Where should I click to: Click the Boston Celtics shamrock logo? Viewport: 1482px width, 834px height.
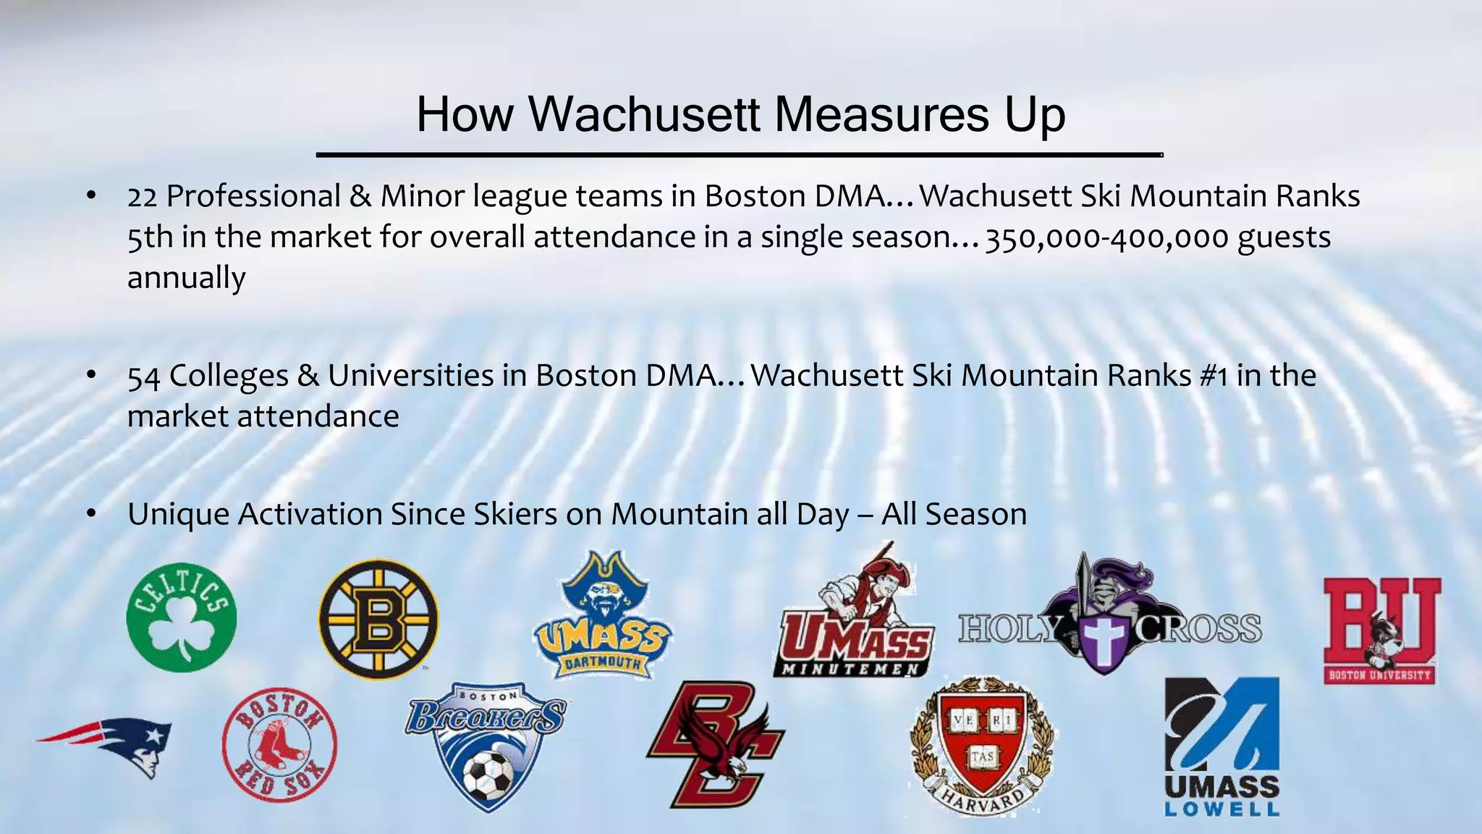pos(181,618)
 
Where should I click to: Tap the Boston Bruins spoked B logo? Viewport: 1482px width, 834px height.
pos(378,619)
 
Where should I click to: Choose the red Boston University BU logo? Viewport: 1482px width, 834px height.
pos(1381,630)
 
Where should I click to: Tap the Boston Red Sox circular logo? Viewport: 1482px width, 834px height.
pos(279,744)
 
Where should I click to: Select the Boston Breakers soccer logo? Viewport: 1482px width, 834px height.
pos(487,746)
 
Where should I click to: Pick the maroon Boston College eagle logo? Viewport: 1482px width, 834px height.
pos(714,746)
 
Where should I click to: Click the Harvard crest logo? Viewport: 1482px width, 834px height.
pos(982,746)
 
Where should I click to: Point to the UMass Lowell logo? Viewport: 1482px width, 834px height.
pos(1221,746)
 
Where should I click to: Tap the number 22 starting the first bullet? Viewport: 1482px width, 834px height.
pos(142,197)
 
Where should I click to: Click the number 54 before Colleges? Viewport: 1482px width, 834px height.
pos(143,376)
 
